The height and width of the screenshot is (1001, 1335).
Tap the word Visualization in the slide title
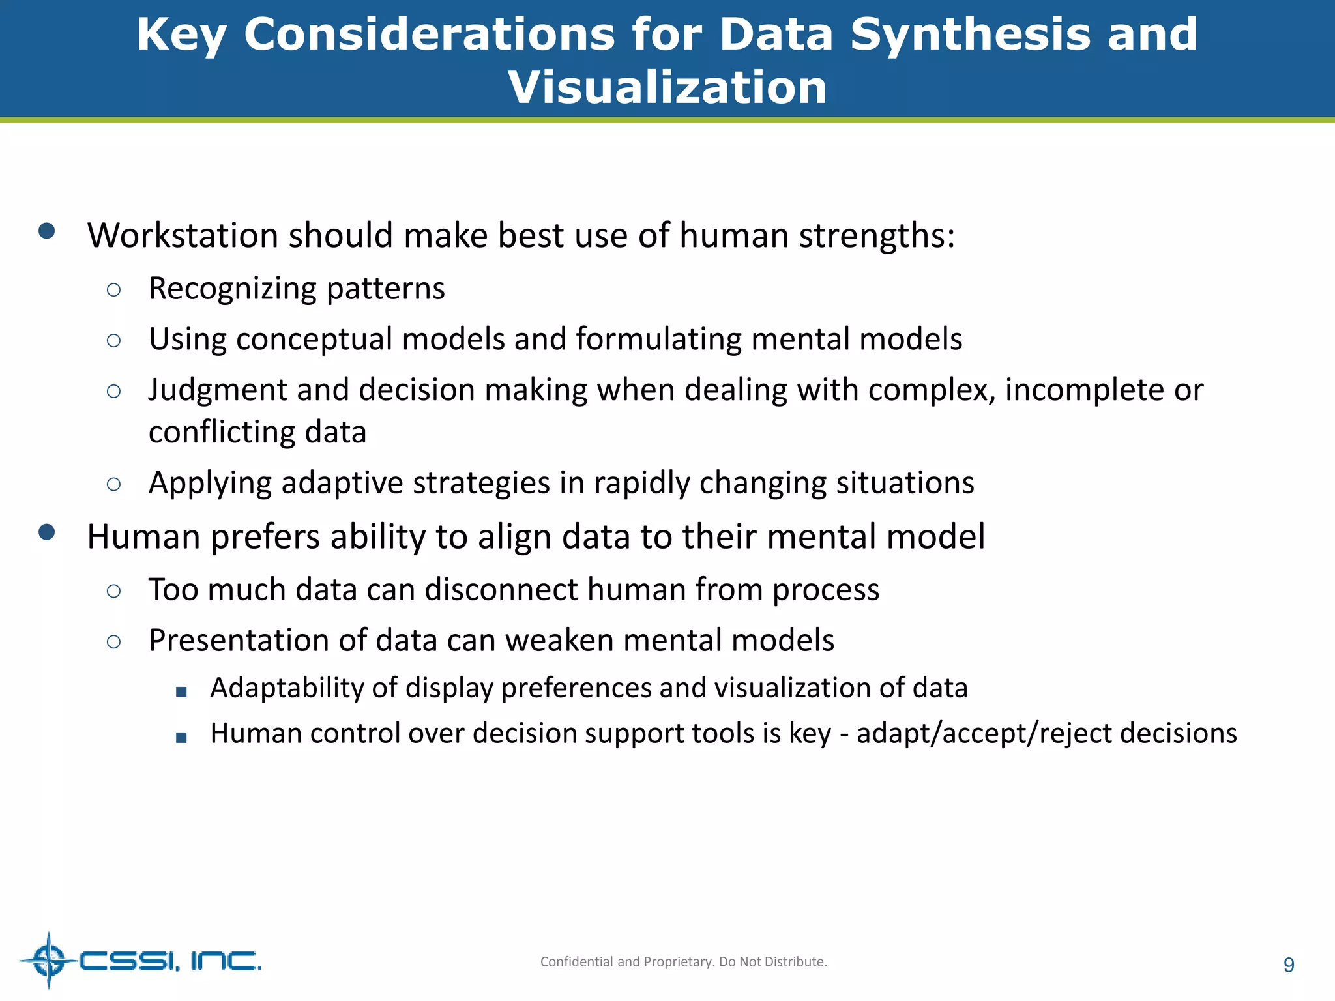click(667, 87)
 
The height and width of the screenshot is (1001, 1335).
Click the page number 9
click(1288, 965)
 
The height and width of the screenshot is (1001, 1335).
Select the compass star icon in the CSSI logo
click(49, 960)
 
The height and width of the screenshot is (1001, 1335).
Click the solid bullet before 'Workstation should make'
click(46, 231)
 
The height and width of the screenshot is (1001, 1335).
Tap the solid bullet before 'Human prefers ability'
click(46, 532)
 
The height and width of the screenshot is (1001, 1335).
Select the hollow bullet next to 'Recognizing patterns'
click(113, 290)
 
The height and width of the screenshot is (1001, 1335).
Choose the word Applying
click(210, 484)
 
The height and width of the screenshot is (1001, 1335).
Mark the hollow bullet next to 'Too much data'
click(113, 591)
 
